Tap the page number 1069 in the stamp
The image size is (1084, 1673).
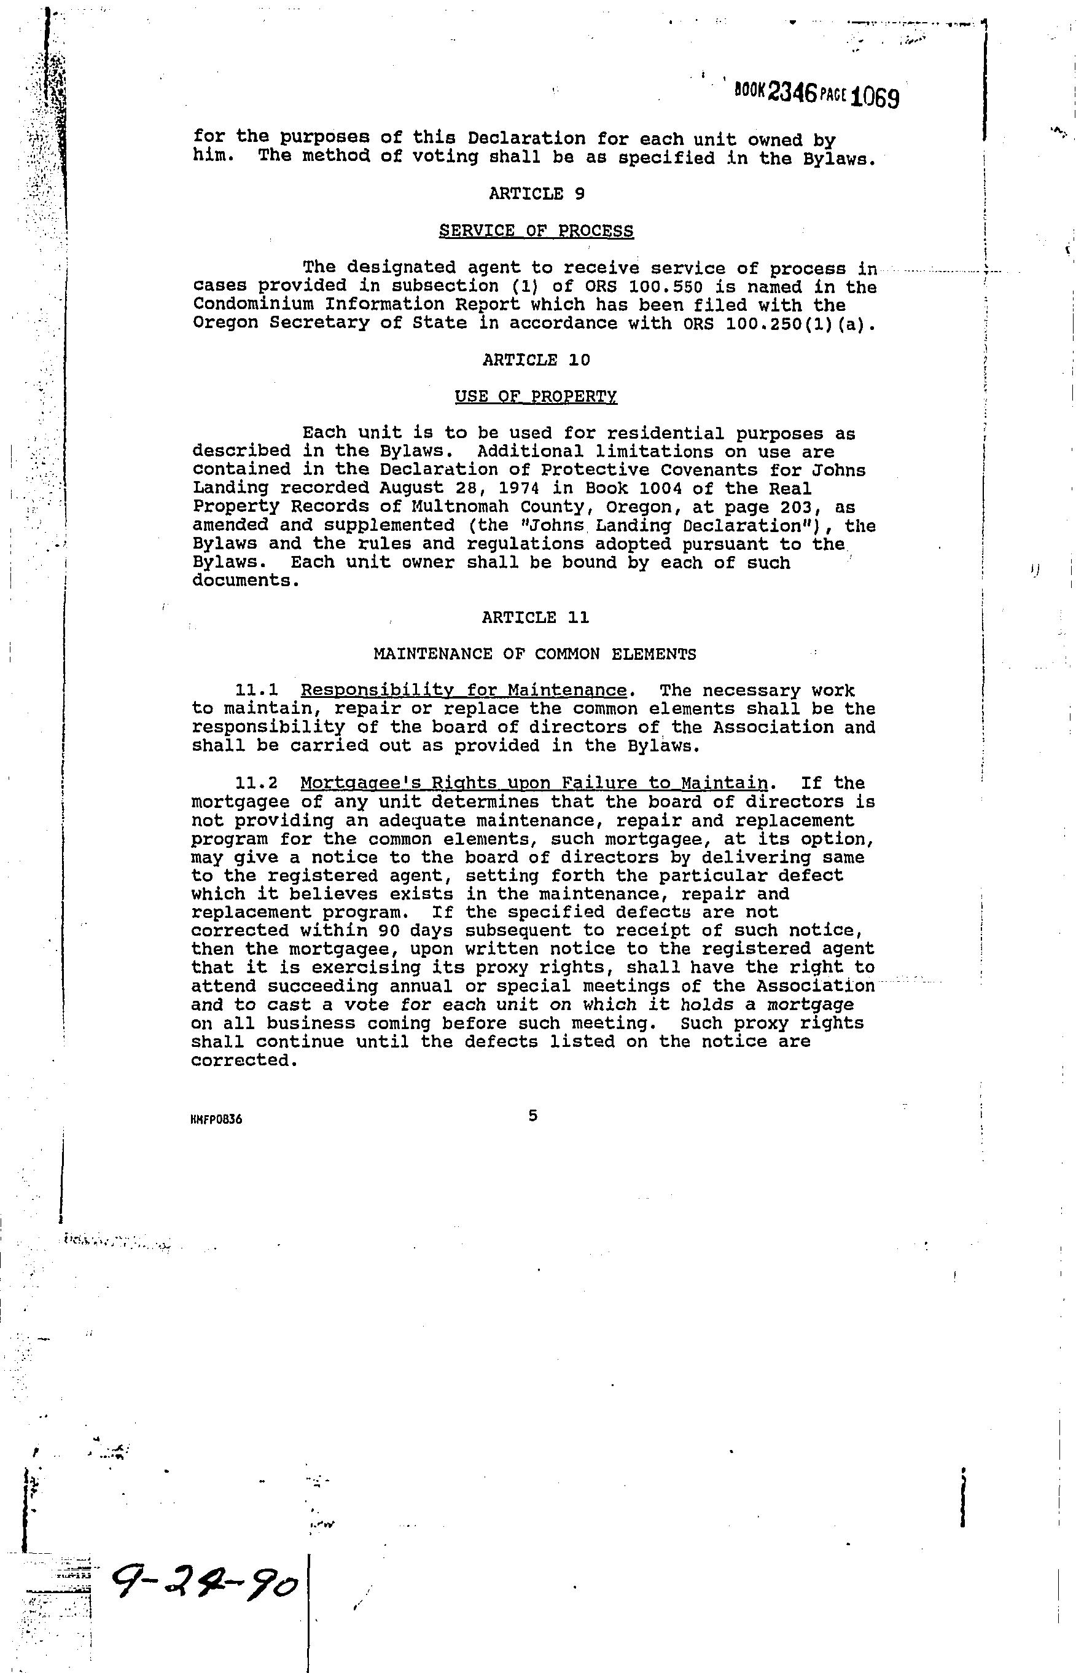(874, 96)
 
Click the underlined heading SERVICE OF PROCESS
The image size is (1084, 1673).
(536, 230)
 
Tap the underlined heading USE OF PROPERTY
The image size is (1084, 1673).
(536, 396)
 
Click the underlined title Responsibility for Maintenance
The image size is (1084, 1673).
(463, 691)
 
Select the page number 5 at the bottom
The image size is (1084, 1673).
(532, 1116)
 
